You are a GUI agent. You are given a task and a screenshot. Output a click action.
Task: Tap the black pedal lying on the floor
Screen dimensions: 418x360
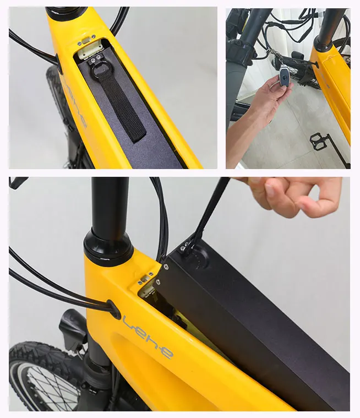[x=320, y=140]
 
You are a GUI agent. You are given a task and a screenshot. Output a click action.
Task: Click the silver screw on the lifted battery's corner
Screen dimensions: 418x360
[x=165, y=268]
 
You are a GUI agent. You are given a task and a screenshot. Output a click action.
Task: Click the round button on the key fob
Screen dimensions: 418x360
[x=285, y=79]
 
